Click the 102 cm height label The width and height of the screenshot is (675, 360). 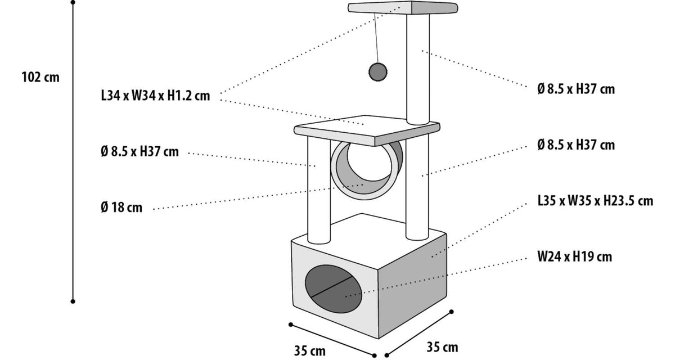click(40, 77)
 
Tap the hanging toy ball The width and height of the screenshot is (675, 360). click(378, 71)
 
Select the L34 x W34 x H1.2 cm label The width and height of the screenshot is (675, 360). click(155, 96)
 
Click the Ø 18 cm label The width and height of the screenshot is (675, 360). click(121, 207)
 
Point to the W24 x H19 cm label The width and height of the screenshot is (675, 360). click(575, 256)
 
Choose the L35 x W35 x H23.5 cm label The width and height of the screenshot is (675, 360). click(595, 201)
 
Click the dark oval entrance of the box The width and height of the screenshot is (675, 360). click(333, 289)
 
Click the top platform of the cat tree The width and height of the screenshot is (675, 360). click(403, 7)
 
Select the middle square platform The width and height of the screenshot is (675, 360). click(367, 130)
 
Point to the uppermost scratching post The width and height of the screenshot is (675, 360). click(417, 69)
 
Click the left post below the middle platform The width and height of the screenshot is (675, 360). click(319, 190)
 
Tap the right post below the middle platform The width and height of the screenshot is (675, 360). click(417, 188)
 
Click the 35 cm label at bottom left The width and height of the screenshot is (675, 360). click(310, 351)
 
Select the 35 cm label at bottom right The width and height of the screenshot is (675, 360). click(442, 347)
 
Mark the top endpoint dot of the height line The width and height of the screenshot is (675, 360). click(73, 2)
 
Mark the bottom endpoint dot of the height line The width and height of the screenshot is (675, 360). click(73, 301)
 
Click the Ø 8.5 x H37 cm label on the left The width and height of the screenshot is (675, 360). click(139, 151)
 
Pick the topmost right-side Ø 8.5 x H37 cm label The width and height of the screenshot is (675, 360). click(576, 89)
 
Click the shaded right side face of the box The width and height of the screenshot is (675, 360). click(413, 286)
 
